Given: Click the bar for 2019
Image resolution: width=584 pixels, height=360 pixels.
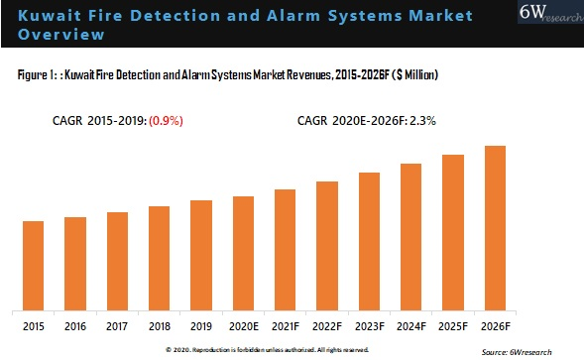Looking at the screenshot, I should point(201,254).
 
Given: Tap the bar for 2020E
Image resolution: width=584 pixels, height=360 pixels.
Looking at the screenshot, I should point(243,252).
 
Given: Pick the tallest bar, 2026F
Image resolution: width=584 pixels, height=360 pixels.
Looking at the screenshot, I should point(495,227).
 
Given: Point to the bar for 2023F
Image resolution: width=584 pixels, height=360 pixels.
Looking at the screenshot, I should point(369,240).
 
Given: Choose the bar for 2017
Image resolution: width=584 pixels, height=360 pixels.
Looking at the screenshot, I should point(117,260).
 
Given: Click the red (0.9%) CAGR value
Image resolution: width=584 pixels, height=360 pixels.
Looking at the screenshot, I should point(167,121).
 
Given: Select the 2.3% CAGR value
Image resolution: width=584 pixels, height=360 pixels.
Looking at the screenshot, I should point(424,121).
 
